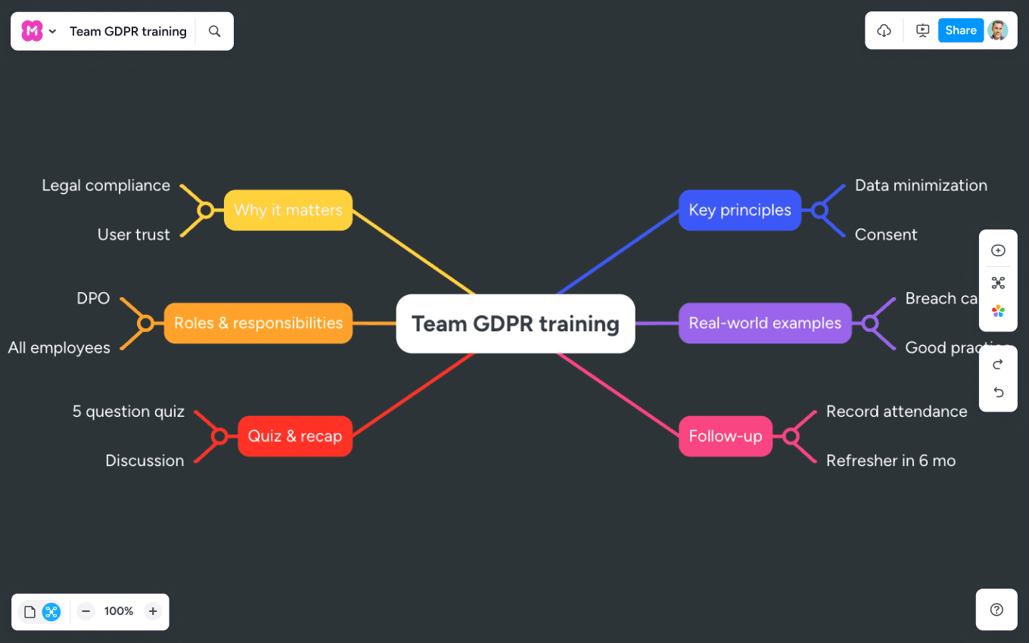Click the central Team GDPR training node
[515, 324]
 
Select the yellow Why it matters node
[288, 210]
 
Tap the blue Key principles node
[739, 210]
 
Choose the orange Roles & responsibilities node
[258, 323]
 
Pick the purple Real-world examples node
[765, 323]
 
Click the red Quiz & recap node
[294, 436]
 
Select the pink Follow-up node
[725, 436]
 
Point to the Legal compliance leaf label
[106, 185]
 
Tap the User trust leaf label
[134, 235]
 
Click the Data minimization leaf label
[921, 185]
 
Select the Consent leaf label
[886, 235]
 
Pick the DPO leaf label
[93, 299]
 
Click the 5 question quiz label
[129, 412]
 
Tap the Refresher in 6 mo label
[891, 461]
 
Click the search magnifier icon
[215, 31]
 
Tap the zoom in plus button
[153, 611]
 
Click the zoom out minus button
[86, 611]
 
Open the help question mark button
[996, 610]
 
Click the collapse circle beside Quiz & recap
[219, 436]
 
